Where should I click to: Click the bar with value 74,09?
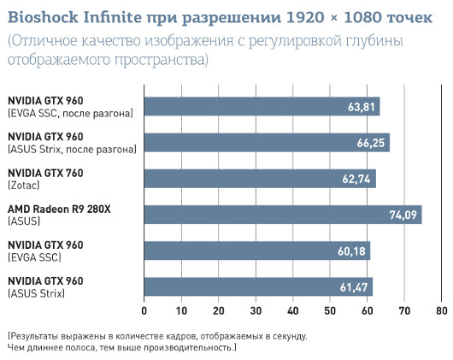[x=282, y=214]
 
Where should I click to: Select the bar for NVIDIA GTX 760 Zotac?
[x=260, y=178]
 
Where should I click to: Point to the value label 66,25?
[x=372, y=143]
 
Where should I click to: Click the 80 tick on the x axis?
[x=441, y=310]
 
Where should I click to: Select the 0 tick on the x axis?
[x=144, y=310]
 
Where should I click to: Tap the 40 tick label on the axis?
[x=292, y=310]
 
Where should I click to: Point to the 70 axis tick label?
[x=403, y=310]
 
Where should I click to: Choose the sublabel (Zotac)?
[x=24, y=185]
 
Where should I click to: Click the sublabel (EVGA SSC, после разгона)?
[x=70, y=113]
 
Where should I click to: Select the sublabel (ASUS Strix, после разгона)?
[x=72, y=149]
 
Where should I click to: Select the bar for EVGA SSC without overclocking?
[x=256, y=250]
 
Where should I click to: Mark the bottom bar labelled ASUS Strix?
[x=258, y=286]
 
